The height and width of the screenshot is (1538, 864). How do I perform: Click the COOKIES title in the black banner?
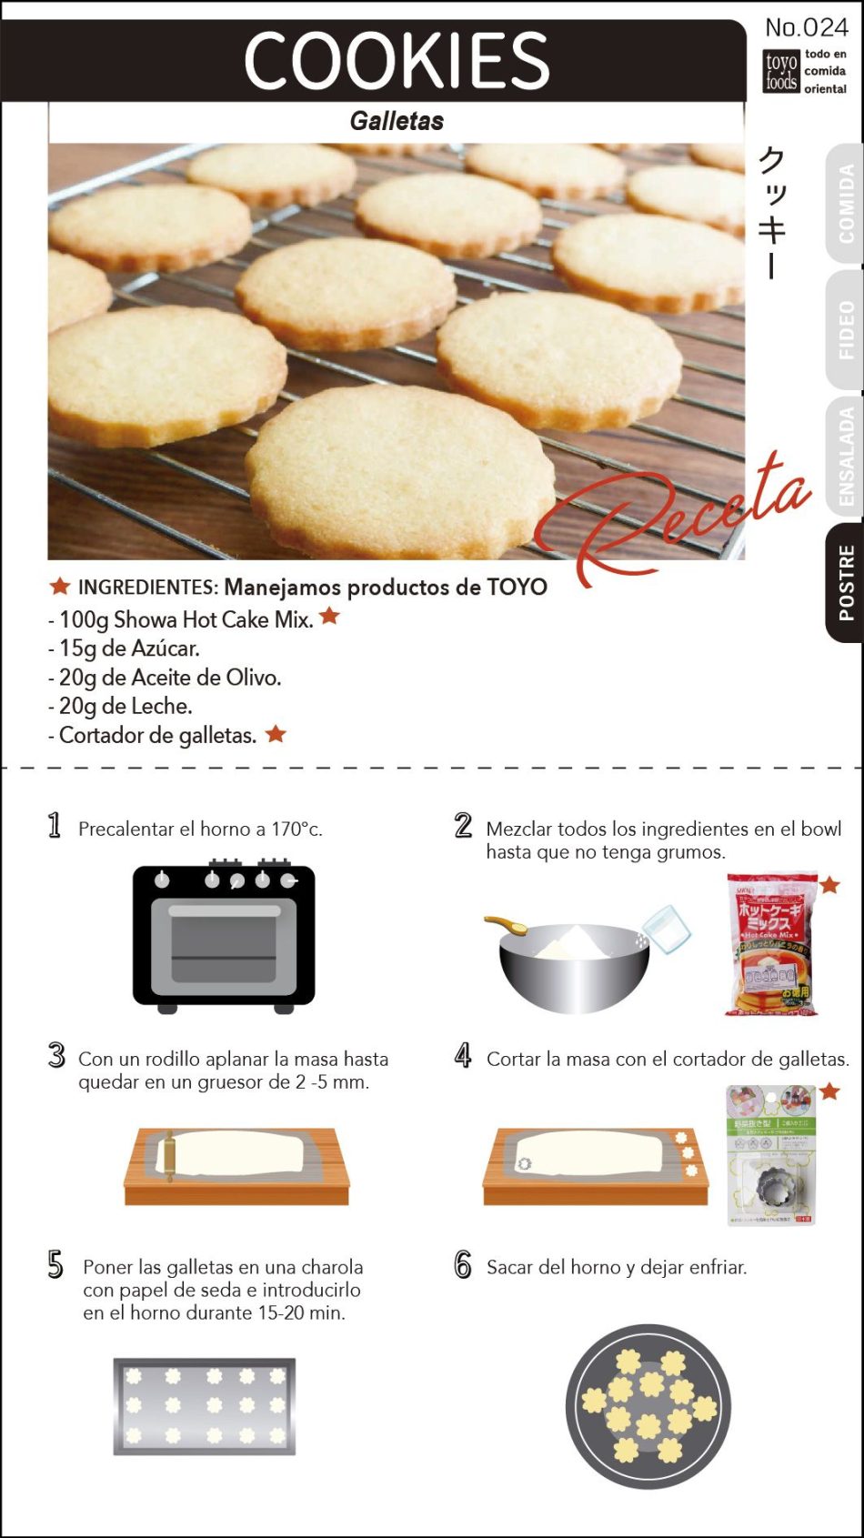pos(397,60)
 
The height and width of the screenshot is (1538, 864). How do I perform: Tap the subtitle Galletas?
pos(397,121)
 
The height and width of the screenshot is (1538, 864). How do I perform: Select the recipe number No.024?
pos(807,27)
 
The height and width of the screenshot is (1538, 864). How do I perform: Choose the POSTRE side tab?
pos(846,583)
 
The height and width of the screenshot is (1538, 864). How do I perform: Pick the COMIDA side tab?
pos(846,203)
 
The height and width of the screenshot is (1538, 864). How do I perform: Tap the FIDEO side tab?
pos(846,330)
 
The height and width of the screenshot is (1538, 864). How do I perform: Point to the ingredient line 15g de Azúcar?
pos(129,648)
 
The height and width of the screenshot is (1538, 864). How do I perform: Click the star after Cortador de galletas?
pos(276,733)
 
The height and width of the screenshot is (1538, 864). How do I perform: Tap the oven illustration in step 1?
pos(224,937)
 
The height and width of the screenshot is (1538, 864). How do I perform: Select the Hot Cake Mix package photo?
pos(772,944)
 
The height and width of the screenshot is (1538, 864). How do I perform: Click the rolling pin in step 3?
pos(167,1155)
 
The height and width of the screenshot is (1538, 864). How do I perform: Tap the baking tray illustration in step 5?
pos(205,1406)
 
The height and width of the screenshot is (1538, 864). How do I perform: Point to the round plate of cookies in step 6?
pos(648,1406)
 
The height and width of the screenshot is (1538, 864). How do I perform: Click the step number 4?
pos(463,1056)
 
